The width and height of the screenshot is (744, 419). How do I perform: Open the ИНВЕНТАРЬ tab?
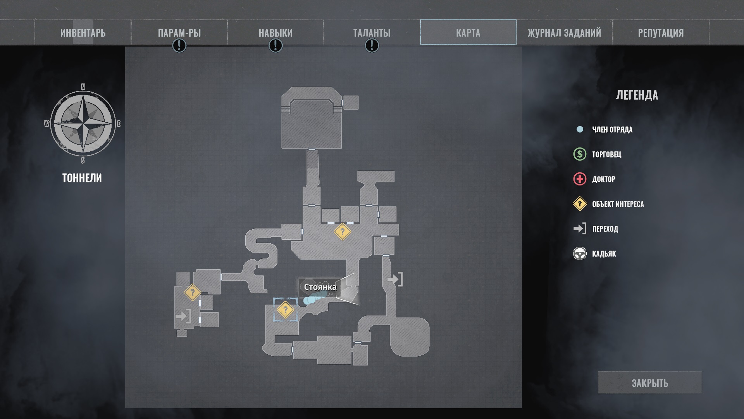(83, 33)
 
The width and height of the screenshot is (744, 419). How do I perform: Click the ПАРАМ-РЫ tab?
(179, 33)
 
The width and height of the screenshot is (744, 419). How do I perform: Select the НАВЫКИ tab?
(276, 33)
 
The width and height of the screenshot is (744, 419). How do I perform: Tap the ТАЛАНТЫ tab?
(372, 33)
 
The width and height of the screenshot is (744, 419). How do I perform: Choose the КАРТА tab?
(468, 33)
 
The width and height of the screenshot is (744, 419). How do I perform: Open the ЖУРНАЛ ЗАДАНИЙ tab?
(564, 33)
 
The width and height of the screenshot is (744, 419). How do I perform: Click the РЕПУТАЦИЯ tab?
(661, 33)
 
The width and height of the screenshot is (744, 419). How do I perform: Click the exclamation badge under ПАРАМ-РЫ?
(179, 46)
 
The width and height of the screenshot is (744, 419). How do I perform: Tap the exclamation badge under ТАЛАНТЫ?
(372, 46)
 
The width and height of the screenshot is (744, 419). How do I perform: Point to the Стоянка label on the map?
(320, 287)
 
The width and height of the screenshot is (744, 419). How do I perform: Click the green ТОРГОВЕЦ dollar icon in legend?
(580, 154)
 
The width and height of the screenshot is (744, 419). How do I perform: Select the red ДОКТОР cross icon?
(580, 179)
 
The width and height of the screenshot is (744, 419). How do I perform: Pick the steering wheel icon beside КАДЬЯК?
(580, 254)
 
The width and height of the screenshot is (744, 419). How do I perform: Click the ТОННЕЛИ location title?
(82, 178)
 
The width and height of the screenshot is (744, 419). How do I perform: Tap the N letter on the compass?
(83, 87)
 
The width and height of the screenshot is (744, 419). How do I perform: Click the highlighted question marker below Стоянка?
(285, 310)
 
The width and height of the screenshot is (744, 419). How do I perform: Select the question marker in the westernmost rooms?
(192, 292)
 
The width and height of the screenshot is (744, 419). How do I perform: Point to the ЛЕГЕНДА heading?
(637, 95)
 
